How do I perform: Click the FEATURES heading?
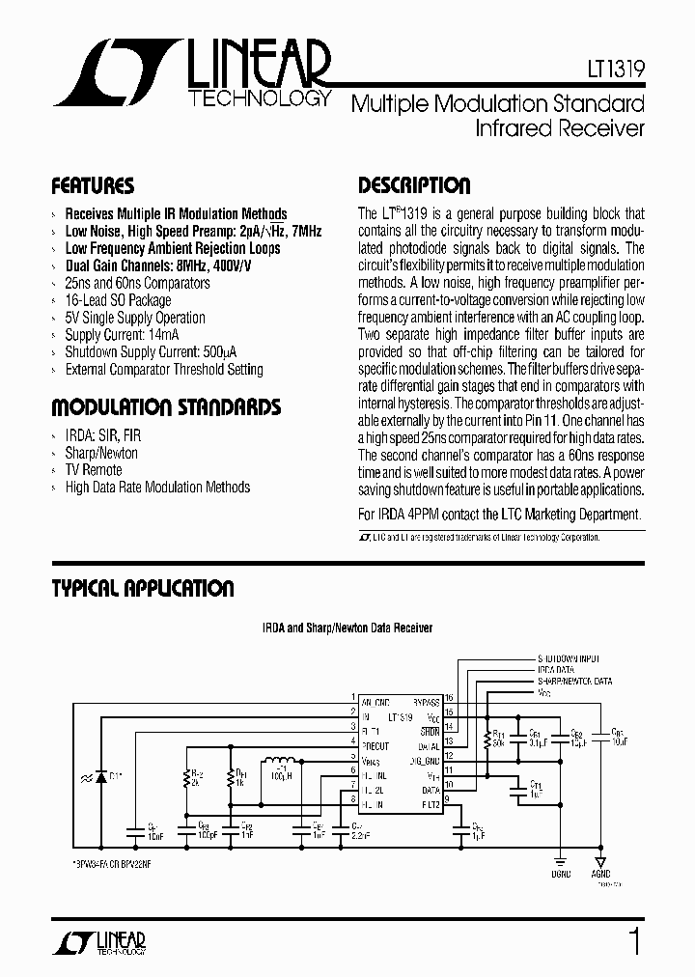93,185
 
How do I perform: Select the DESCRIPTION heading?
414,185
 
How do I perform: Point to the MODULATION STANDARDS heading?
166,406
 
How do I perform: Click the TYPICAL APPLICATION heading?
143,588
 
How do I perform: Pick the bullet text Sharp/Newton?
101,453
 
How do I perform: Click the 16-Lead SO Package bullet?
118,300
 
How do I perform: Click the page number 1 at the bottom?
633,939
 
